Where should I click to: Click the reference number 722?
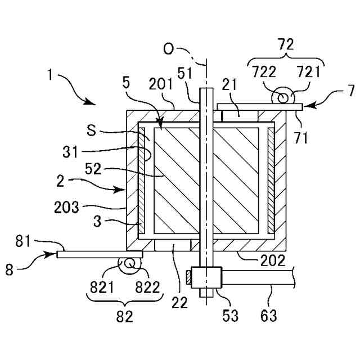coord(264,72)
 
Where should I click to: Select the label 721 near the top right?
coord(308,71)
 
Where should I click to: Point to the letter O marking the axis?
coord(169,49)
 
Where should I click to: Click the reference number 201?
coord(160,84)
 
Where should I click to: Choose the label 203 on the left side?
coord(66,207)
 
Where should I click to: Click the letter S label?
coord(92,130)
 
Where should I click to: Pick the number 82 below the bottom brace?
coord(124,317)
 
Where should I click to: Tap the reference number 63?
coord(269,315)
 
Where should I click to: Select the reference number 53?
coord(230,315)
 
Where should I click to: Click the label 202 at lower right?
coord(272,260)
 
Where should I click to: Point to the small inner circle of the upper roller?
coord(282,98)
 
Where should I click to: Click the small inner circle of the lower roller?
coord(129,263)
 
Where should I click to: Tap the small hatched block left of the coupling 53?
coord(188,278)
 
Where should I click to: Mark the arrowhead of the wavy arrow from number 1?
coord(90,102)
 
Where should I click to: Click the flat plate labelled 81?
coord(100,254)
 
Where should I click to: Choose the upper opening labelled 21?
coord(240,116)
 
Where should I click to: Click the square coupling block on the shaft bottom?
coord(206,277)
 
